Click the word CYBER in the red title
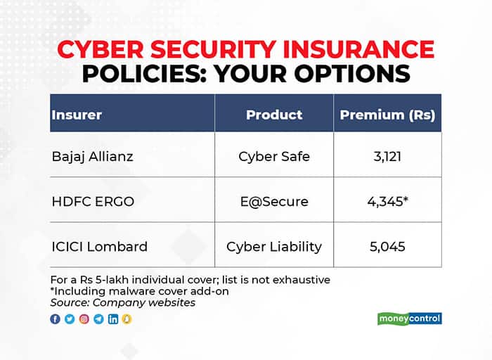coord(101,50)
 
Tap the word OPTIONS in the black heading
coord(352,74)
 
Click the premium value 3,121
coord(387,157)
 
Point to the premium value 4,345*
coord(388,202)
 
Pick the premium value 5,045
coord(387,247)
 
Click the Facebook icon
coord(56,319)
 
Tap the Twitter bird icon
coord(70,319)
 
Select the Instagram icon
coord(84,319)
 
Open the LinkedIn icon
coord(113,319)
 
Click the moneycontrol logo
coord(410,319)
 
